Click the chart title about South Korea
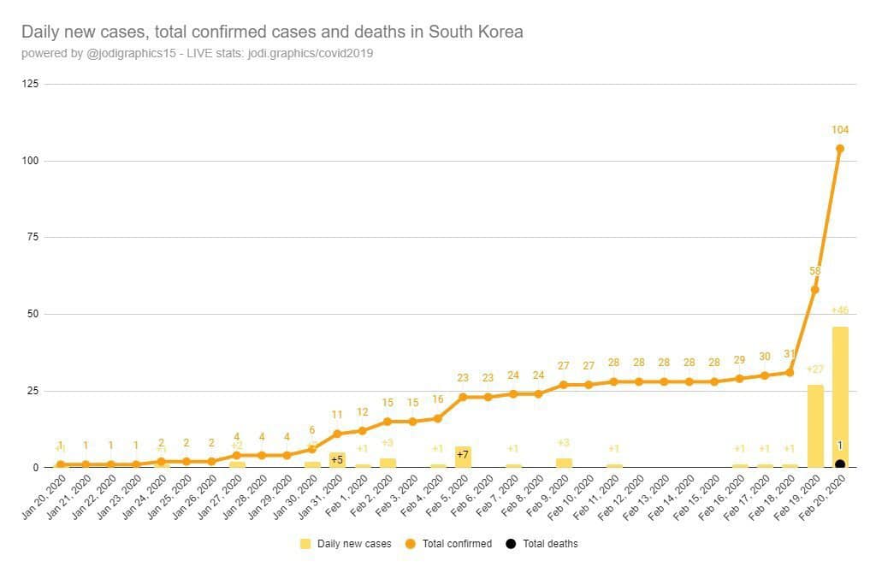click(x=272, y=32)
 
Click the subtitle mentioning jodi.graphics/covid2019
click(x=197, y=53)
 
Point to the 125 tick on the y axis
click(x=31, y=84)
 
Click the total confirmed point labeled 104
click(x=840, y=148)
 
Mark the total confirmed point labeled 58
click(x=814, y=289)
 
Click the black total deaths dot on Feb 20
click(x=840, y=464)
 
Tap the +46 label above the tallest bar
click(x=840, y=310)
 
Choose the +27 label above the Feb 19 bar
click(x=814, y=369)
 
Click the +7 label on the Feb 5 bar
click(x=463, y=454)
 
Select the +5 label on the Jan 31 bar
click(x=337, y=459)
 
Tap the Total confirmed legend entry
click(x=454, y=543)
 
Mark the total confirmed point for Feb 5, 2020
click(x=463, y=397)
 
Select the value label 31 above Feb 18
click(x=790, y=354)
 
